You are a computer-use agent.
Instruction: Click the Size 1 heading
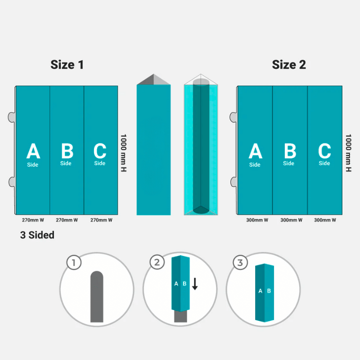point(67,65)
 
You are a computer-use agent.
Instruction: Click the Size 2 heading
point(289,65)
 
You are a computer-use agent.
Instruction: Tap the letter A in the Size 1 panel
point(33,151)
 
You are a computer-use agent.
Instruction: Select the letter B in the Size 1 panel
point(67,151)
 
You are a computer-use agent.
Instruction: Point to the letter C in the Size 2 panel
point(324,151)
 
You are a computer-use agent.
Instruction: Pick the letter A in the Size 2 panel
point(255,151)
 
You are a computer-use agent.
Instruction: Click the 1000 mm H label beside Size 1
point(123,153)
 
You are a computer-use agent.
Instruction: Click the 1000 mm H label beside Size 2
point(348,153)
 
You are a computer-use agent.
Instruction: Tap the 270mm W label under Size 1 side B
point(67,220)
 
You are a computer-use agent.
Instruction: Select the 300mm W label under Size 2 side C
point(325,220)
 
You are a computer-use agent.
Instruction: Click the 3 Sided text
point(37,235)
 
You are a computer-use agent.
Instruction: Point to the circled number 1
point(74,262)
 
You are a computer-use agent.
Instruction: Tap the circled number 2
point(157,262)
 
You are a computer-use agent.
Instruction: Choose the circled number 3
point(240,262)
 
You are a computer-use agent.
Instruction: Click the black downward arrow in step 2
point(195,284)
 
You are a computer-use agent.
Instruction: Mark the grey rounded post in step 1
point(97,297)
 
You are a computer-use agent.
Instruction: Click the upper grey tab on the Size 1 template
point(12,117)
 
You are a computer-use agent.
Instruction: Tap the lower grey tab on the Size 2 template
point(234,182)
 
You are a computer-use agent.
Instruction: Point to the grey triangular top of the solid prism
point(153,80)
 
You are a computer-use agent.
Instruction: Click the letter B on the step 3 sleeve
point(269,291)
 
